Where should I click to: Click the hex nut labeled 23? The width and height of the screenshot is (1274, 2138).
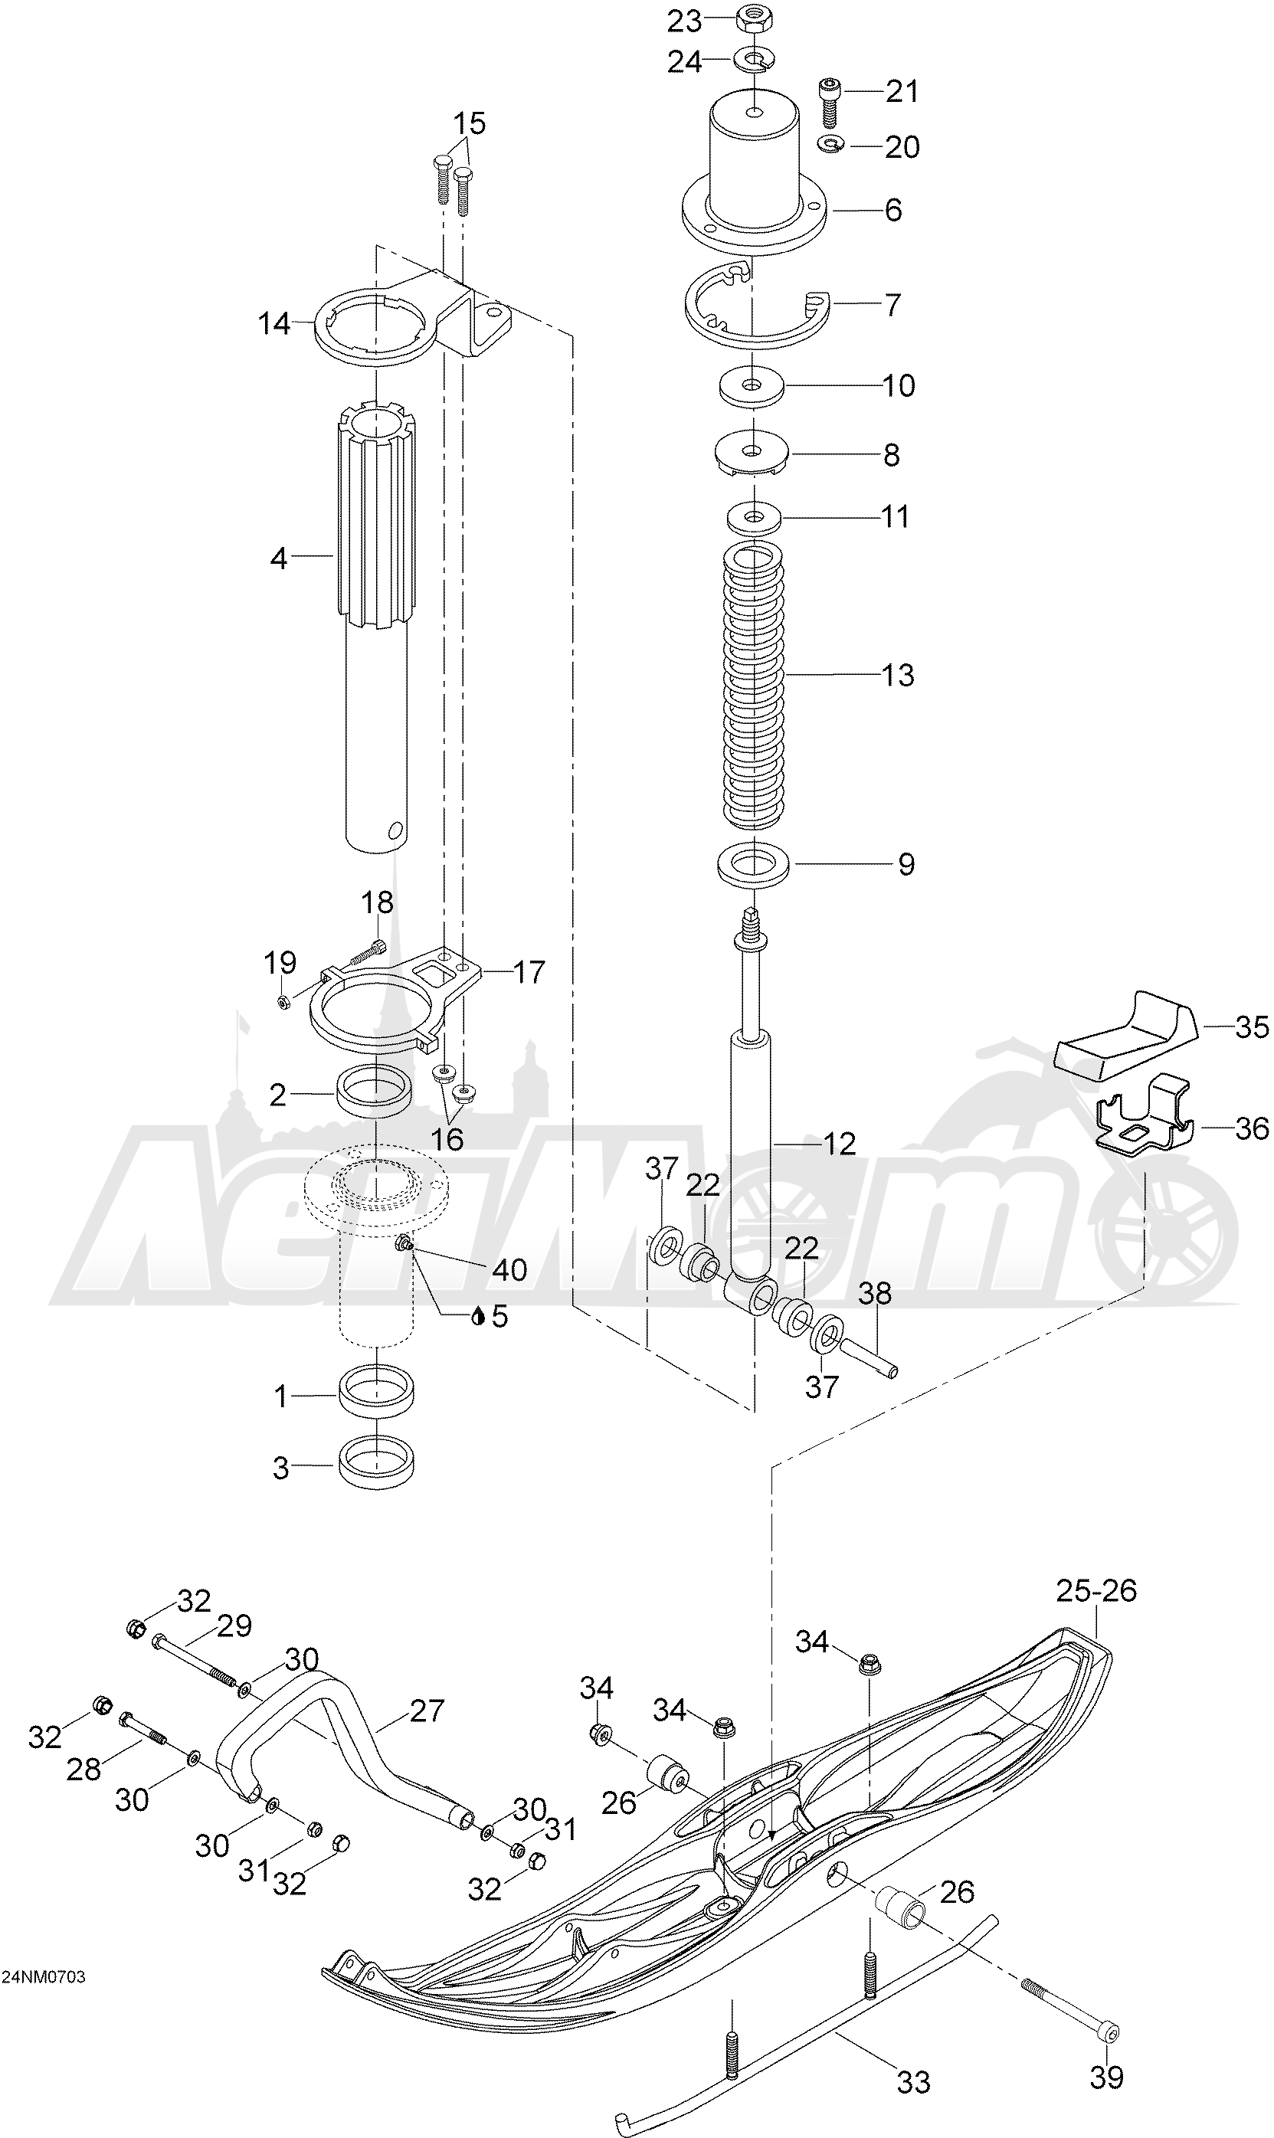[752, 20]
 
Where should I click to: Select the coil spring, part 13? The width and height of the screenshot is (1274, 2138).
[754, 686]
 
